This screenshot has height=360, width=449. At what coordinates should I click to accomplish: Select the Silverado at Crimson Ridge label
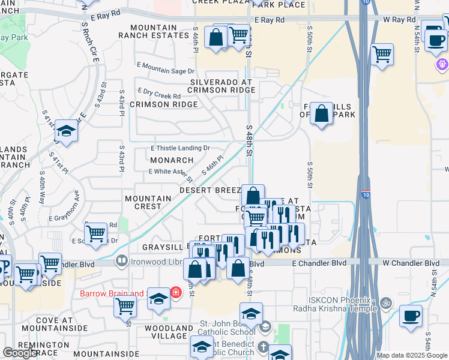tap(223, 86)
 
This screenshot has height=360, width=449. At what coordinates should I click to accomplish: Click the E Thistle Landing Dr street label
tap(180, 148)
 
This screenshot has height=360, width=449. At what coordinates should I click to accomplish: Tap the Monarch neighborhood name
tap(172, 160)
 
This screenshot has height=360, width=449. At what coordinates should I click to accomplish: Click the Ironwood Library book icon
tap(122, 261)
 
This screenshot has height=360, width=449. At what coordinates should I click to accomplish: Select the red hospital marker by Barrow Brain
tap(175, 293)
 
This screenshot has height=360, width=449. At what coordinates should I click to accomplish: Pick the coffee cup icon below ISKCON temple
tap(411, 316)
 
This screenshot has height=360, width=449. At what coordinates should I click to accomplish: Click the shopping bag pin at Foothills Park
tap(322, 113)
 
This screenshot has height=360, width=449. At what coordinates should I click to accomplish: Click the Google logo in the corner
tap(20, 353)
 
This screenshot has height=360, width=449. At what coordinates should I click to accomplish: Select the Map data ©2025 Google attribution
tap(412, 355)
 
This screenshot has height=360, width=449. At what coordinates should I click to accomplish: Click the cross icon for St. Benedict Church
tap(262, 347)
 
